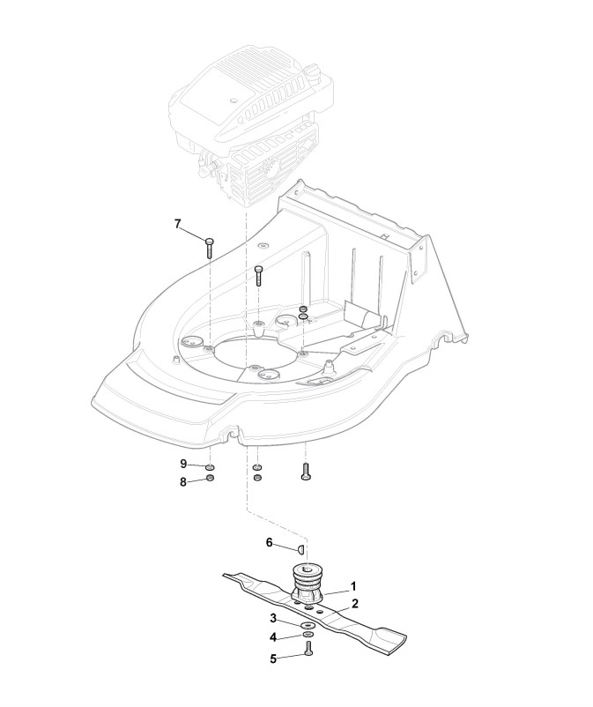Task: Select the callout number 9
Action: pyautogui.click(x=183, y=464)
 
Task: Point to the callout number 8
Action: pyautogui.click(x=183, y=481)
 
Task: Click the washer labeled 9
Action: pyautogui.click(x=211, y=466)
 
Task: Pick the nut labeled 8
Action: pyautogui.click(x=211, y=479)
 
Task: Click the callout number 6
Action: pyautogui.click(x=270, y=543)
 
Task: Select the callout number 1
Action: pyautogui.click(x=354, y=584)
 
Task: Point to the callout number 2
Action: pyautogui.click(x=354, y=604)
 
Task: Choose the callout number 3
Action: pyautogui.click(x=274, y=618)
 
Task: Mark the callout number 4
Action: pyautogui.click(x=274, y=636)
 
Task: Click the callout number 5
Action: pyautogui.click(x=274, y=657)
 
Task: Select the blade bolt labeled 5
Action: pyautogui.click(x=308, y=650)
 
